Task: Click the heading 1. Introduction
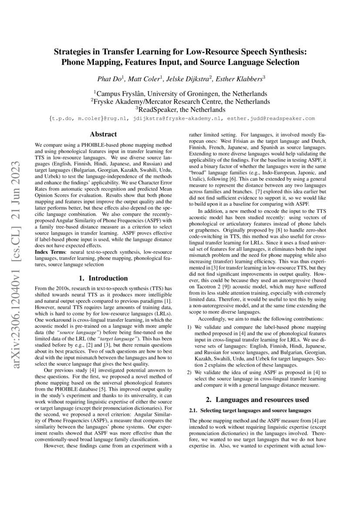pyautogui.click(x=103, y=278)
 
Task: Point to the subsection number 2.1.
pyautogui.click(x=194, y=411)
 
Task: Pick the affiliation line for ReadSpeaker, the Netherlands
pyautogui.click(x=180, y=109)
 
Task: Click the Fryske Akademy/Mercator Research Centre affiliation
pyautogui.click(x=180, y=101)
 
